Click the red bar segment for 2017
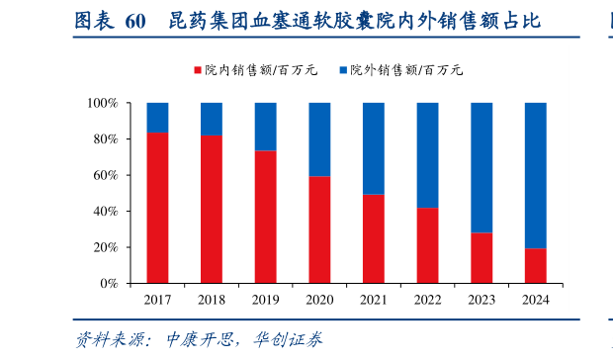click(157, 208)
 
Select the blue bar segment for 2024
click(535, 175)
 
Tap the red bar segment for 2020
click(318, 229)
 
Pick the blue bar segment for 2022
click(427, 155)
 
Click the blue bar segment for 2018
click(212, 119)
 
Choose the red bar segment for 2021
click(373, 238)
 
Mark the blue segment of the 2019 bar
click(265, 127)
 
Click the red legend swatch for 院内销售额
click(198, 70)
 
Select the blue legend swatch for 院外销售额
click(343, 70)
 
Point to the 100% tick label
click(103, 103)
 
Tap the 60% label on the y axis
click(106, 175)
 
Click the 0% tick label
click(109, 284)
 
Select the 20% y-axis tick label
click(106, 247)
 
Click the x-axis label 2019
click(265, 300)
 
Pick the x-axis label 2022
click(427, 300)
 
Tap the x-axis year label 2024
click(535, 300)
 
